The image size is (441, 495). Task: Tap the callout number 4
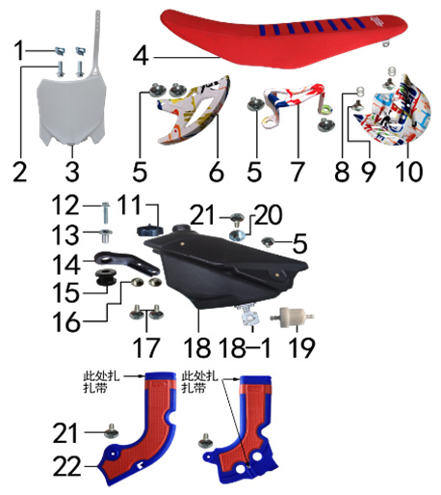pyautogui.click(x=141, y=57)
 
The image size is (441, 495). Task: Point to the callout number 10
pyautogui.click(x=409, y=172)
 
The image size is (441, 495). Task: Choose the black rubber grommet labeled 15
pyautogui.click(x=106, y=278)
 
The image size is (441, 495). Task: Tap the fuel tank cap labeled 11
pyautogui.click(x=150, y=231)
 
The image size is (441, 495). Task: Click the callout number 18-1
pyautogui.click(x=245, y=347)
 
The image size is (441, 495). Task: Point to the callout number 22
pyautogui.click(x=66, y=466)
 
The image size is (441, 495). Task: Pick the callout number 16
pyautogui.click(x=66, y=322)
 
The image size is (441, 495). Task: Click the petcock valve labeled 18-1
pyautogui.click(x=249, y=316)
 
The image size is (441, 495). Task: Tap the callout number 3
pyautogui.click(x=72, y=172)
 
